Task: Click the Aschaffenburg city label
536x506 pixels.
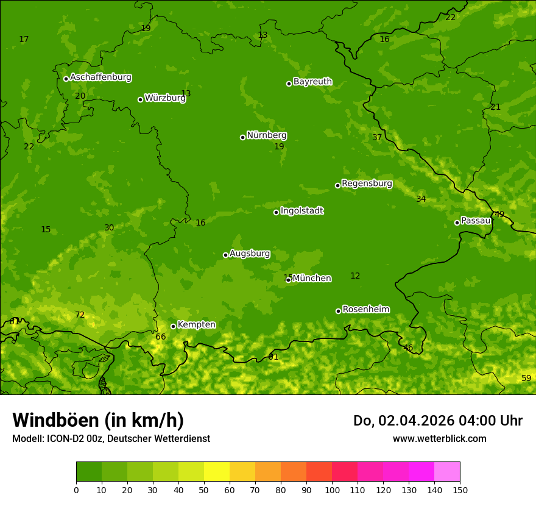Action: coord(100,77)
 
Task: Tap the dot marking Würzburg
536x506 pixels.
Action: coord(140,99)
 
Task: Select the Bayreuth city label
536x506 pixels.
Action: coord(312,82)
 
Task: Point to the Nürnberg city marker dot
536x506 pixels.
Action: coord(242,137)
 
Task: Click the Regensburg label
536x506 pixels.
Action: coord(367,184)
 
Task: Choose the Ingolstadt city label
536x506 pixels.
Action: coord(301,211)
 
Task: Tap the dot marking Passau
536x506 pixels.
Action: coord(457,223)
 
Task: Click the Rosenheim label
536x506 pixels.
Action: coord(365,310)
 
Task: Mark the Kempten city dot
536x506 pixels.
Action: coord(173,326)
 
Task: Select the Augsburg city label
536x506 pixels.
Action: coord(249,254)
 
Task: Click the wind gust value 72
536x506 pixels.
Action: coord(80,315)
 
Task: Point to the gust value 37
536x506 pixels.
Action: coord(377,138)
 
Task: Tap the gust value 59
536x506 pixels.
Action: coord(526,379)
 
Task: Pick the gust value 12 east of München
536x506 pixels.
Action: coord(355,276)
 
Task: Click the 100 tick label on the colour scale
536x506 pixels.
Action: coord(332,490)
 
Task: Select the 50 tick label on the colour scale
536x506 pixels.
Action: coord(204,490)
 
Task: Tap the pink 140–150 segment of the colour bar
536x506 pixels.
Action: coord(447,472)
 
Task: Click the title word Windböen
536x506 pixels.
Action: coord(55,420)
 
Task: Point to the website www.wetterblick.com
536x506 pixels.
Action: coord(439,438)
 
